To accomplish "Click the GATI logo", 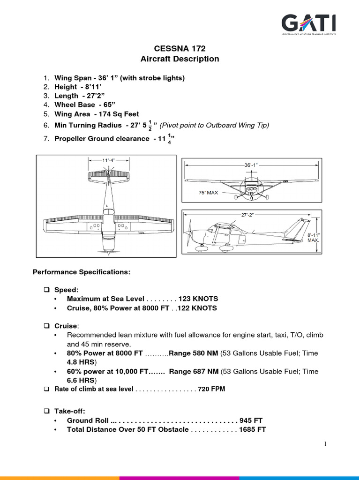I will [308, 25].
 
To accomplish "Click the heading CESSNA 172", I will [180, 48].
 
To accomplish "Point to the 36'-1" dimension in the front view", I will [251, 165].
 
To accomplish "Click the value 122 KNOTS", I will [199, 308].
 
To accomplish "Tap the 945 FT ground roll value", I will [252, 420].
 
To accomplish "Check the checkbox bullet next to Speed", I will [47, 289].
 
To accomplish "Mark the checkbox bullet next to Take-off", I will [47, 411].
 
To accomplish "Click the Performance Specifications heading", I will [81, 272].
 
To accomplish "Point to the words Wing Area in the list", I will [73, 114].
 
